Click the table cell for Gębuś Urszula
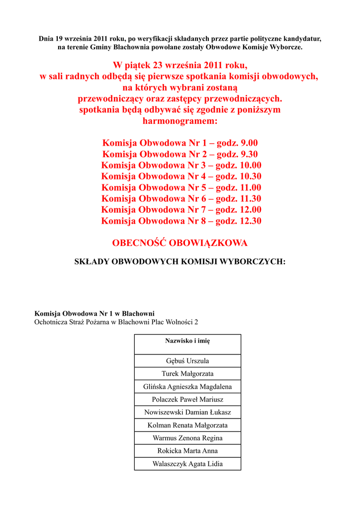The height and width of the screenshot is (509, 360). (x=187, y=361)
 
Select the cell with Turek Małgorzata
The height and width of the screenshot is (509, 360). (x=187, y=374)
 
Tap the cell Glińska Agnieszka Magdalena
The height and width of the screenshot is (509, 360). (x=187, y=387)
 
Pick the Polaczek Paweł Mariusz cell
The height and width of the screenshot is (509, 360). (x=187, y=400)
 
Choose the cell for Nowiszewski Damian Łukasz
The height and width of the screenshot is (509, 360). (x=187, y=413)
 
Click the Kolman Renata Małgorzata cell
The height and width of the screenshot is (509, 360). (x=187, y=425)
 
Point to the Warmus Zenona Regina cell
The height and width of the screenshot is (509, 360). (x=187, y=438)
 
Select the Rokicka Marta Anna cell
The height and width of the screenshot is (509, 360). (x=187, y=451)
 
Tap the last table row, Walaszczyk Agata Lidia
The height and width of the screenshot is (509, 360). (x=187, y=464)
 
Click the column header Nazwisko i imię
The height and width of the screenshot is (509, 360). (x=187, y=341)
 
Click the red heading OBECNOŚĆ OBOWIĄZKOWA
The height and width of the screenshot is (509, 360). (x=180, y=244)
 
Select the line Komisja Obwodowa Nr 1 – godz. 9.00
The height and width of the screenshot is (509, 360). (x=180, y=143)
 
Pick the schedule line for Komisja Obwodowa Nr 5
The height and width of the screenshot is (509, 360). (x=181, y=187)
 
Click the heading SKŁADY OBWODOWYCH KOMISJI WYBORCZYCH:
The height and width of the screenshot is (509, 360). (x=180, y=261)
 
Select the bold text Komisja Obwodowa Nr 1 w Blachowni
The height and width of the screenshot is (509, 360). (x=94, y=314)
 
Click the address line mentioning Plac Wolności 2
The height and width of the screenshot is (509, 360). (x=116, y=322)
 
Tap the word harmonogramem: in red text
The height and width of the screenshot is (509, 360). (x=180, y=121)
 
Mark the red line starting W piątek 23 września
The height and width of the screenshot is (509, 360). (x=180, y=66)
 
